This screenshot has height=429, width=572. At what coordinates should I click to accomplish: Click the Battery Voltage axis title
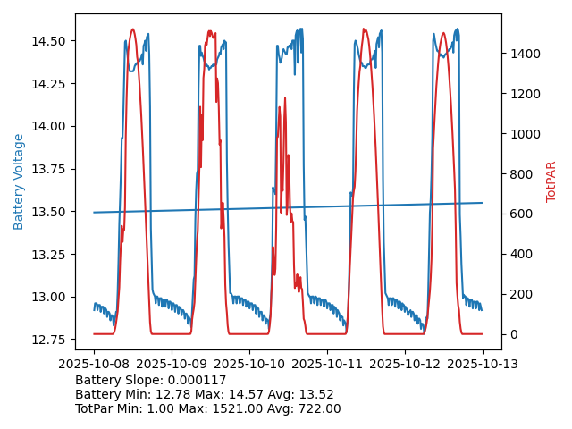19,181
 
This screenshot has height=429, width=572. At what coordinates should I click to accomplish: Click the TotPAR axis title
551,181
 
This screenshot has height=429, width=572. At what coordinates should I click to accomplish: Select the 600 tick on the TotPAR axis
518,214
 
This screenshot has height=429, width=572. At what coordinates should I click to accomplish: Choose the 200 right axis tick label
518,294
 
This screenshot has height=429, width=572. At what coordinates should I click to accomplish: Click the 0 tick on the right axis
513,334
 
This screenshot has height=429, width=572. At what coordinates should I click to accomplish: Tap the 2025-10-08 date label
94,364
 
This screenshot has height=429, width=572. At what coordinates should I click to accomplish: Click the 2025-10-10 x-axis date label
249,364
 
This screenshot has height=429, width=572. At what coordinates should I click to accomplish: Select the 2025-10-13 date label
483,364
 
